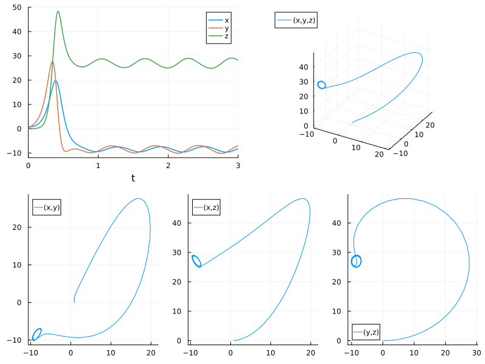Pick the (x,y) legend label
coord(52,207)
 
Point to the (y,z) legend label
coord(372,332)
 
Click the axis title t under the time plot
coord(133,178)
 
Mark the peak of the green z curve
coord(58,12)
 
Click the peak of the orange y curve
coord(52,62)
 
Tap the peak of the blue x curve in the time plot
coord(55,81)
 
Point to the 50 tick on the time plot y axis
coord(18,7)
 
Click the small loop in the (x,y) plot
coord(37,334)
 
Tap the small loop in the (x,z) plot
coord(196,260)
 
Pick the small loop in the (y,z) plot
coord(356,261)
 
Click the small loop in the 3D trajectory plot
coord(321,85)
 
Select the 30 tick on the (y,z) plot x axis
coord(476,351)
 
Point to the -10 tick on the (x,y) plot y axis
coord(19,340)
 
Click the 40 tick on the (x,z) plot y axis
coord(179,223)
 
